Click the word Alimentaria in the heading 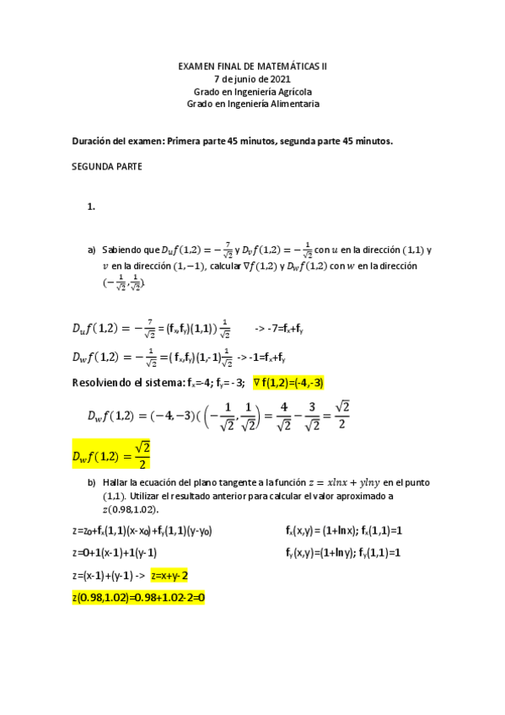click(x=294, y=104)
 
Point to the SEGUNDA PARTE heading click(x=108, y=166)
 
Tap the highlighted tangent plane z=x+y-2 click(x=169, y=575)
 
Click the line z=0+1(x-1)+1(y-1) click(x=115, y=553)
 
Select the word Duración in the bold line click(x=94, y=141)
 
